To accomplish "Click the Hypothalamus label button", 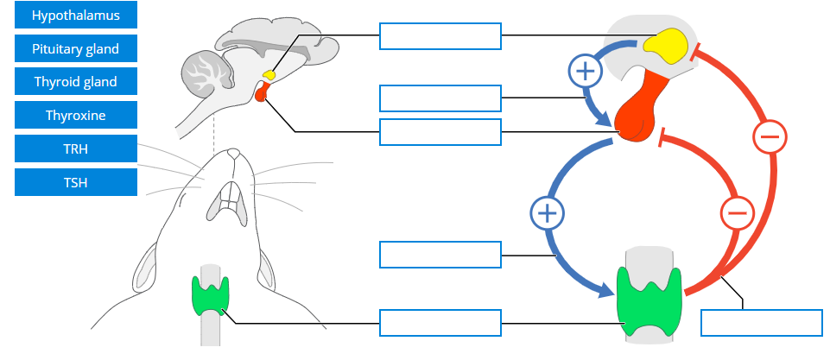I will (x=76, y=16).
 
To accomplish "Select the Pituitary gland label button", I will (x=76, y=49).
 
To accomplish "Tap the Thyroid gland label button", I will (x=76, y=82).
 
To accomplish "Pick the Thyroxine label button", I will (x=76, y=115).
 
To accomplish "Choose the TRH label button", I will (x=76, y=148).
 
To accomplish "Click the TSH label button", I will (x=76, y=182).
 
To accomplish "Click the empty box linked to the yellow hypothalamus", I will (x=440, y=36).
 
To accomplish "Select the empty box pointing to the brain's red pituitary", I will (x=440, y=131).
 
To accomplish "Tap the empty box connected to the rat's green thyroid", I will (x=440, y=323).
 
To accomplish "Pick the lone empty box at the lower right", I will (x=761, y=322).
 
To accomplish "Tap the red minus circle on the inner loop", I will (x=736, y=212).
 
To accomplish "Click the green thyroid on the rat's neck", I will (x=209, y=294).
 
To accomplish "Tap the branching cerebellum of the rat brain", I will (x=206, y=74).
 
